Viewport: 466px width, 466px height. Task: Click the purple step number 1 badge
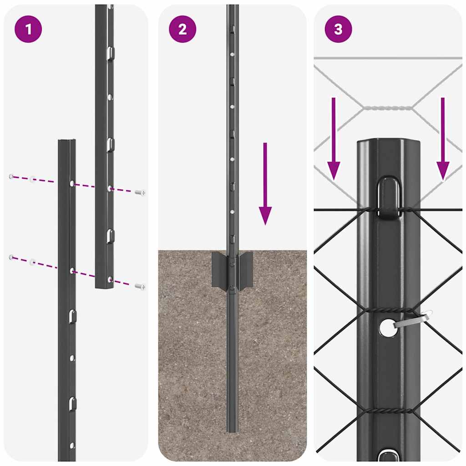[x=29, y=29]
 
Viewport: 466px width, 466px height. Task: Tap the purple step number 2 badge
[x=182, y=29]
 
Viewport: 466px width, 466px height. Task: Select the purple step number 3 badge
[x=338, y=29]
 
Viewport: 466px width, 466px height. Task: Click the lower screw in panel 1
[x=140, y=286]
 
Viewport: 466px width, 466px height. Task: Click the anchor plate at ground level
[x=232, y=269]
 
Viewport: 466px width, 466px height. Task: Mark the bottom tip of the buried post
[x=232, y=430]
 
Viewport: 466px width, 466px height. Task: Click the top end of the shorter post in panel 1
[x=67, y=142]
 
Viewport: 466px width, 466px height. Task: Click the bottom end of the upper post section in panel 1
[x=105, y=286]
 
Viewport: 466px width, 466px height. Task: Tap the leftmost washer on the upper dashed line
[x=11, y=176]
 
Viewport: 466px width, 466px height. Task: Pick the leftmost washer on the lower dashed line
[x=11, y=258]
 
